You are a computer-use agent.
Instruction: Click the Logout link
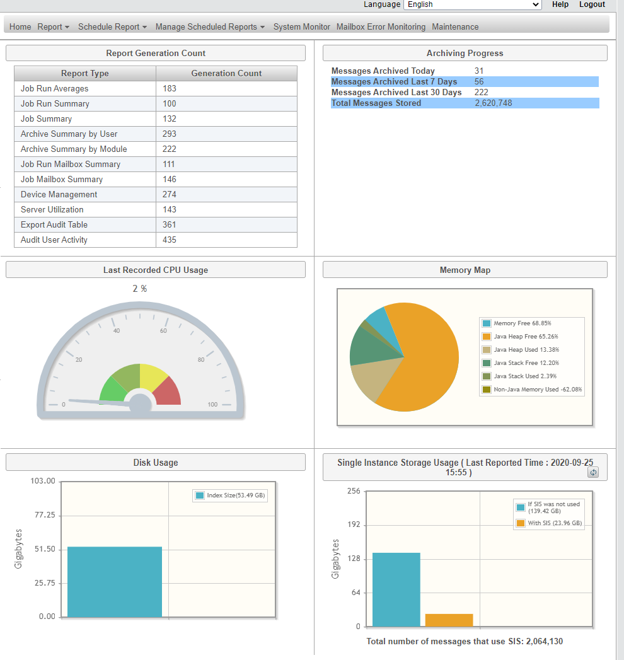tap(592, 4)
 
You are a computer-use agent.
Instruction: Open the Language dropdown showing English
tap(472, 4)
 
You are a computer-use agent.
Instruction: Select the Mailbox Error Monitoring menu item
tap(381, 27)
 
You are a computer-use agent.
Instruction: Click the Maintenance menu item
tap(455, 27)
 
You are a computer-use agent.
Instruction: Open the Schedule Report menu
tap(112, 27)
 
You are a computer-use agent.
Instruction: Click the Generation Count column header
tap(226, 74)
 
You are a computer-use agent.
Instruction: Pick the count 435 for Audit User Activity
tap(170, 240)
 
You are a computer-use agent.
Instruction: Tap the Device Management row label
tap(59, 195)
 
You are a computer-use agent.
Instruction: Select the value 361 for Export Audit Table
tap(170, 225)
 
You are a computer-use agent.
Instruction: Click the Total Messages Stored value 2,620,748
tap(494, 103)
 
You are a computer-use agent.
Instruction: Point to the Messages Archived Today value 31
tap(479, 71)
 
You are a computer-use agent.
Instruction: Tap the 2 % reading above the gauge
tap(140, 289)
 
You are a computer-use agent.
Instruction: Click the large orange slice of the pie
tap(422, 359)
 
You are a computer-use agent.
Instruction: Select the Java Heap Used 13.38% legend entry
tap(526, 350)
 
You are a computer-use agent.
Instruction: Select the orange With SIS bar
tap(449, 620)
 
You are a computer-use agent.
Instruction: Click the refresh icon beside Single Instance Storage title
tap(592, 473)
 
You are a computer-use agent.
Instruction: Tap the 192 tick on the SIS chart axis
tap(354, 525)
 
